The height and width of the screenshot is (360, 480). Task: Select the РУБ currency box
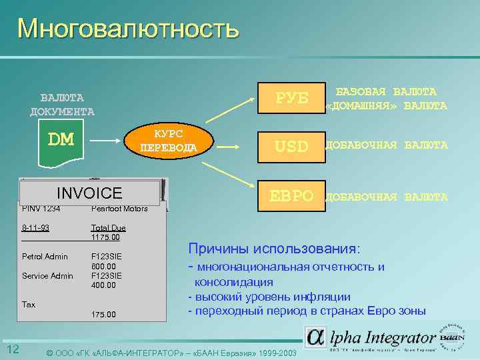(x=292, y=98)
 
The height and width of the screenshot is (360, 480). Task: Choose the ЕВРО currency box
(x=291, y=196)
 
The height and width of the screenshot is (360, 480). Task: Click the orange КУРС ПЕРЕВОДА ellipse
(x=171, y=141)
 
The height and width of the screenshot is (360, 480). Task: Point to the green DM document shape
(x=61, y=143)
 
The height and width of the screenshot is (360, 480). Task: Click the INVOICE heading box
(x=90, y=193)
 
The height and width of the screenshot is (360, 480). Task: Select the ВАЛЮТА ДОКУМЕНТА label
(x=62, y=105)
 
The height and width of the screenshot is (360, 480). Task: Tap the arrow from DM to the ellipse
(x=107, y=141)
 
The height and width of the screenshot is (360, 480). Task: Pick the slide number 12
(x=13, y=350)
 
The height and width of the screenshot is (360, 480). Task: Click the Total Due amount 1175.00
(x=105, y=237)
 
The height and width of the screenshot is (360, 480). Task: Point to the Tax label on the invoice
(x=29, y=304)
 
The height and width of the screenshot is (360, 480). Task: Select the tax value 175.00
(x=103, y=314)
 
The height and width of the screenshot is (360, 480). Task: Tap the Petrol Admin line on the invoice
(x=45, y=256)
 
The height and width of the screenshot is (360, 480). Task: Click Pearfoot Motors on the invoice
(x=119, y=209)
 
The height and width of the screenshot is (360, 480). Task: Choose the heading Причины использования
(x=274, y=249)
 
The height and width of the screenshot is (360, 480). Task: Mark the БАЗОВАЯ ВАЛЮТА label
(x=386, y=92)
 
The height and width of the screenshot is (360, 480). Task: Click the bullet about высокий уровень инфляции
(x=269, y=297)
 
